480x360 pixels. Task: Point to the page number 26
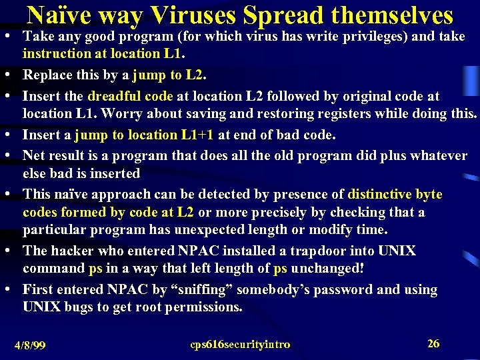(433, 344)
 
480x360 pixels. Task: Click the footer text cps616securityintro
(240, 345)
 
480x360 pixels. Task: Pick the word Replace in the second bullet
(49, 74)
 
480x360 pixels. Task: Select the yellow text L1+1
(197, 135)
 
